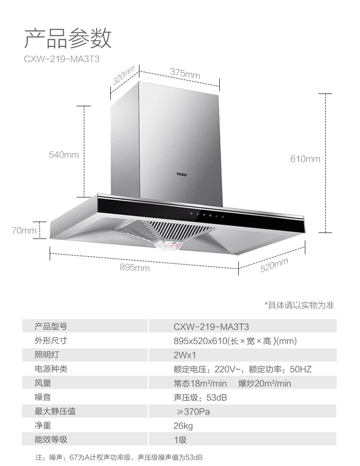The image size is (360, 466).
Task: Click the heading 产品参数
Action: [67, 38]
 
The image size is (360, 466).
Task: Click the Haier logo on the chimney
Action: [182, 174]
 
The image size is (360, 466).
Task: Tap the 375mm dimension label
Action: [185, 73]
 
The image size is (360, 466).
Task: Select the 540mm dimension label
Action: [64, 155]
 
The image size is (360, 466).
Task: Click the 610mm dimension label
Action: [305, 159]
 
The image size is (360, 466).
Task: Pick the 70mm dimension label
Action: [24, 230]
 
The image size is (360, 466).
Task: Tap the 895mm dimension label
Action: [134, 268]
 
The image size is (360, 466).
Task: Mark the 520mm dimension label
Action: [274, 265]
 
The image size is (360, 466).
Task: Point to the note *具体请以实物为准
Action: [299, 305]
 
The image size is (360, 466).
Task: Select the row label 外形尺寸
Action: [51, 341]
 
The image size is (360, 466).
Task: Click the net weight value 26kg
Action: [183, 426]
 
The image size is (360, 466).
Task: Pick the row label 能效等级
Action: [51, 440]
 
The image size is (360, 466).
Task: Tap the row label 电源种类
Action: [51, 369]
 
